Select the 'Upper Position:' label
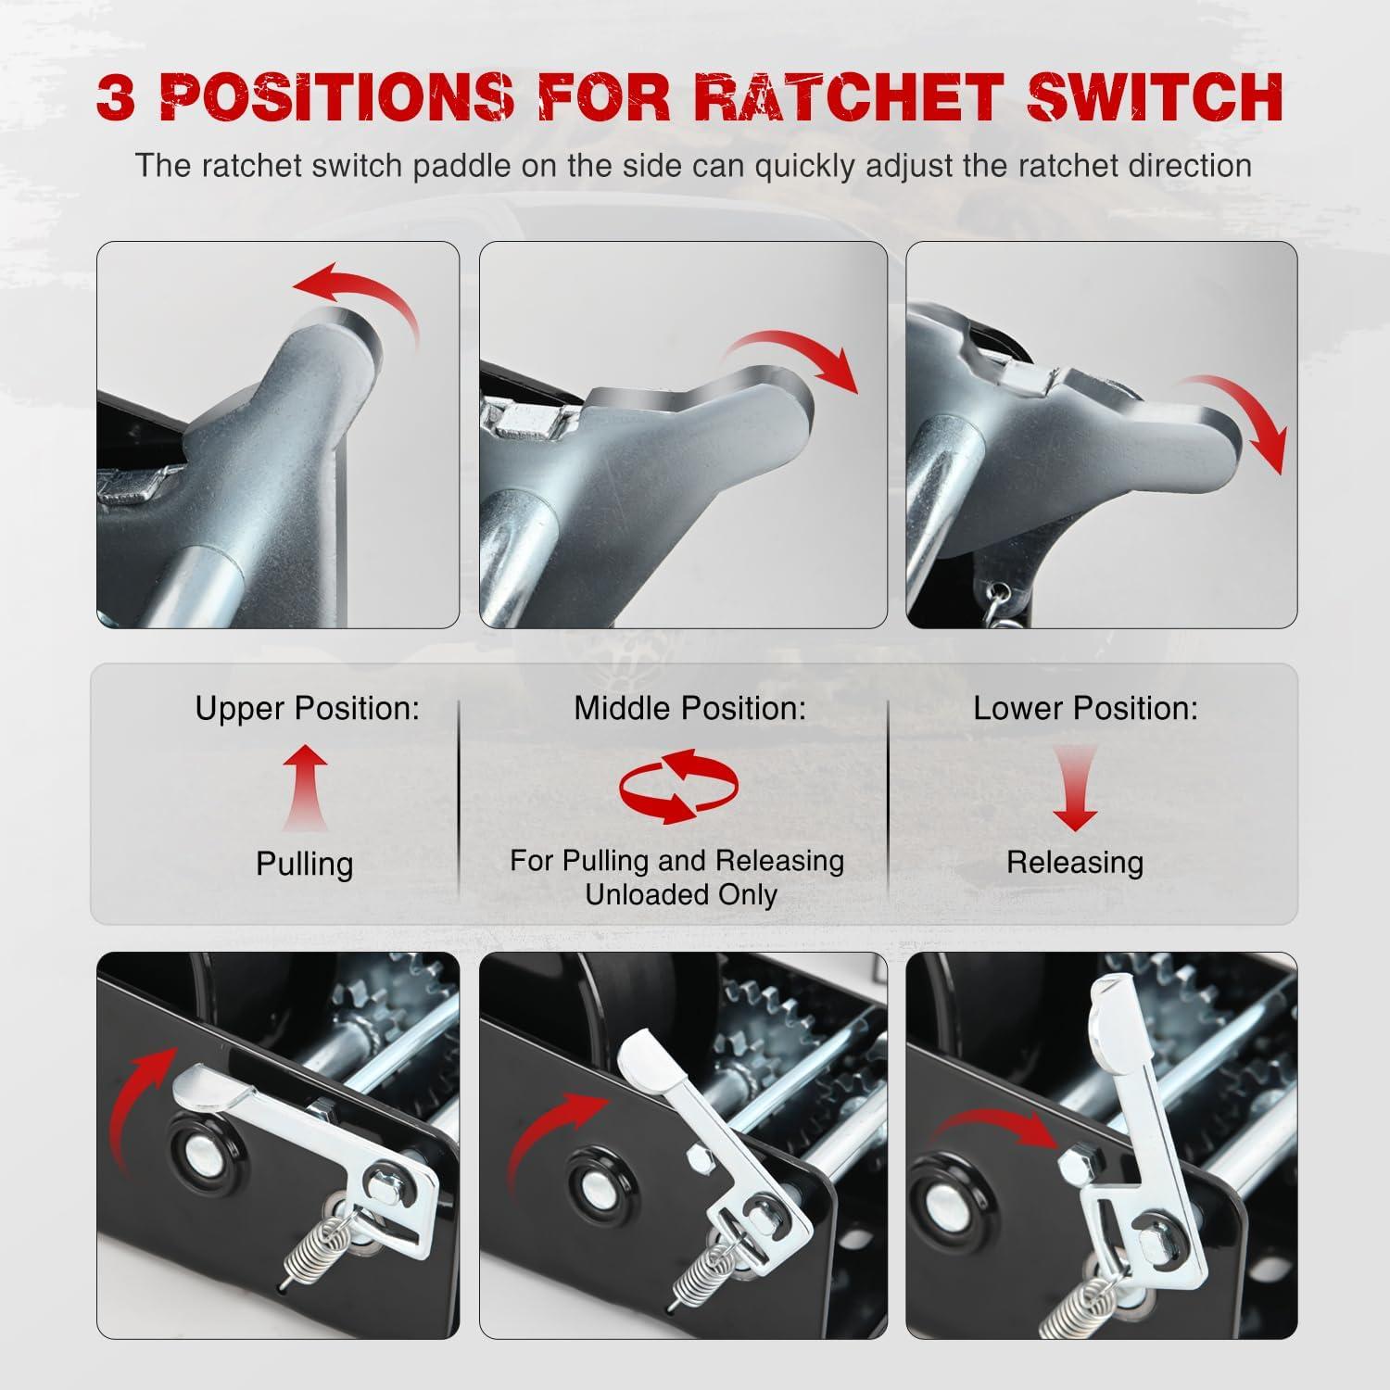tap(307, 709)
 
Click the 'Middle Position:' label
tap(689, 709)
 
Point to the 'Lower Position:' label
tap(1085, 709)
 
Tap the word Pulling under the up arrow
tap(305, 865)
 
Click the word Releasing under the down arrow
tap(1075, 863)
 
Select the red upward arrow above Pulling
tap(305, 790)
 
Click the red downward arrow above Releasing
tap(1075, 789)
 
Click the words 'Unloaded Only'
tap(681, 895)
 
